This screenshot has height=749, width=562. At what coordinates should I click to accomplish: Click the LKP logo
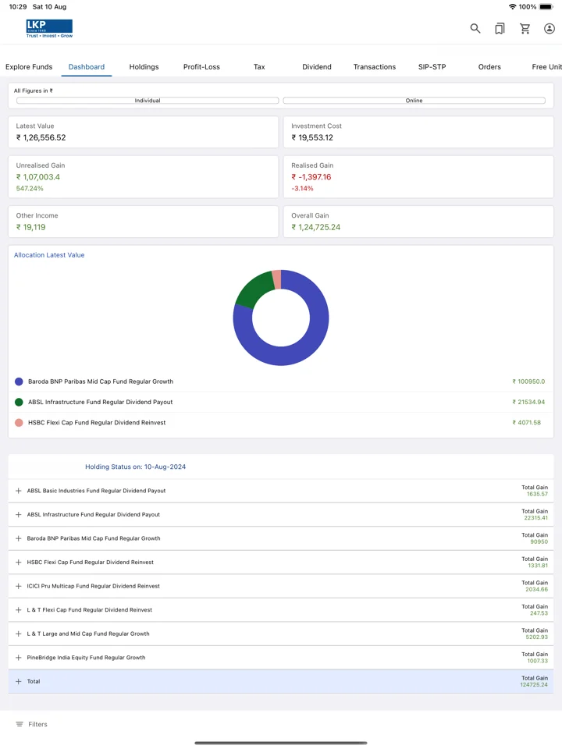pos(49,29)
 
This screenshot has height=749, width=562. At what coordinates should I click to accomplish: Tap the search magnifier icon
pos(475,29)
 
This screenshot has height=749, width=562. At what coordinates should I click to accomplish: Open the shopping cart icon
pos(525,29)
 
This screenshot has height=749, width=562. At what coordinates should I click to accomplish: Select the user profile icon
pos(550,29)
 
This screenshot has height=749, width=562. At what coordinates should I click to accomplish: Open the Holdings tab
pos(144,67)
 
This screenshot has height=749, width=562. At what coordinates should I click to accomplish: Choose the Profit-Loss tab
pos(201,67)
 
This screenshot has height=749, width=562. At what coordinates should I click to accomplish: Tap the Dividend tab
pos(317,67)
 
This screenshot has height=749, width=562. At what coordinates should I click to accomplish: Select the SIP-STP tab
pos(432,67)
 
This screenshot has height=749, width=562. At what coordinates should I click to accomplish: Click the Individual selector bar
pos(148,101)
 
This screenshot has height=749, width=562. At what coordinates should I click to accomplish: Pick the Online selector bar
pos(414,101)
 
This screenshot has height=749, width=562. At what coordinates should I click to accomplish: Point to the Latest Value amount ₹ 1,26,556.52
pos(41,137)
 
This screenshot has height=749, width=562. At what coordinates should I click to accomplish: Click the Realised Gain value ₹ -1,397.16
pos(311,177)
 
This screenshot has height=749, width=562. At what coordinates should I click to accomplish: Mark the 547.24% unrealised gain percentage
pos(30,188)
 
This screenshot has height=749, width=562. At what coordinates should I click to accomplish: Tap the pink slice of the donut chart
pos(276,279)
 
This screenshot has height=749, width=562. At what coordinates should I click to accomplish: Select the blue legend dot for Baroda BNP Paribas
pos(19,382)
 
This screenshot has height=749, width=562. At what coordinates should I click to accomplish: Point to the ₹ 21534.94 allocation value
pos(528,403)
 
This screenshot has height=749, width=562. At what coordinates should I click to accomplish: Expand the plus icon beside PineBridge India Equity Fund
pos(18,658)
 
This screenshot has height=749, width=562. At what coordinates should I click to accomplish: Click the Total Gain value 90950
pos(539,541)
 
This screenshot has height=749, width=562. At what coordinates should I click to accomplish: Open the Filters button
pos(31,724)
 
